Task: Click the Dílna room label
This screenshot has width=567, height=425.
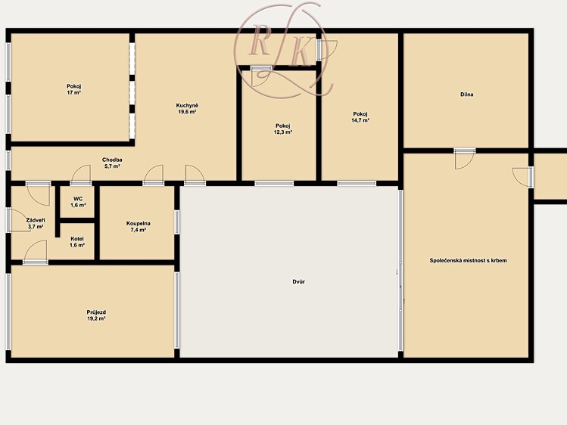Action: tap(467, 95)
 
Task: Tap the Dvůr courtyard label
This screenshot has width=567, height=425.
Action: tap(299, 281)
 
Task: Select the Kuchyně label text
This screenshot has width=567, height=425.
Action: tap(187, 106)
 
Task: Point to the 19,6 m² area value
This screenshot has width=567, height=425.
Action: tap(187, 112)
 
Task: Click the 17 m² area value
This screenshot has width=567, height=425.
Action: tap(73, 93)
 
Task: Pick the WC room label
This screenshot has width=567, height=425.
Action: tap(78, 199)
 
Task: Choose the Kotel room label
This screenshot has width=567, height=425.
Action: tap(77, 239)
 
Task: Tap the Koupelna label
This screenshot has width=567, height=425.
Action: tap(138, 224)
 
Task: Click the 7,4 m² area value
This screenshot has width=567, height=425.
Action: tap(138, 230)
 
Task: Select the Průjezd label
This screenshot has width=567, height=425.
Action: tap(96, 312)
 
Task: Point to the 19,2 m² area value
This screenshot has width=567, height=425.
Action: tap(96, 319)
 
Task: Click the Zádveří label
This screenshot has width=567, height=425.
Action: tap(36, 220)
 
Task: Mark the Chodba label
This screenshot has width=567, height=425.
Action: tap(112, 160)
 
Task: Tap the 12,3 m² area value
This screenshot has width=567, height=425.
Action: tap(283, 132)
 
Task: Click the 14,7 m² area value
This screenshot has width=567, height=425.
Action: tap(360, 120)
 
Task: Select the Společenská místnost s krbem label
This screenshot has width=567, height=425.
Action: tap(469, 260)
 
